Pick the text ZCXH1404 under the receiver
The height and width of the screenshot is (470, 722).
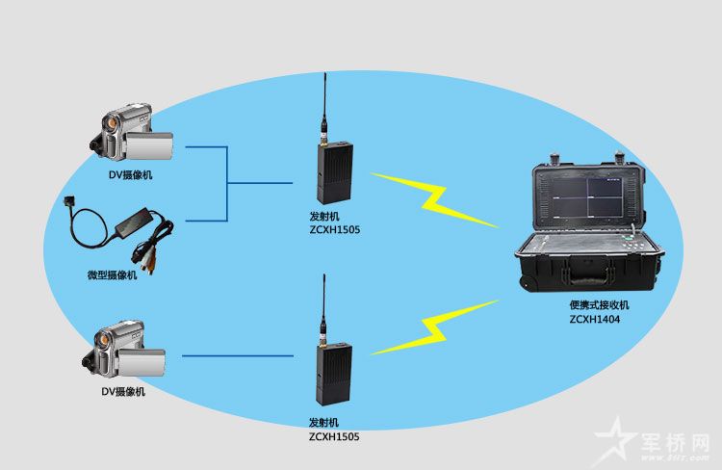(x=594, y=319)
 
